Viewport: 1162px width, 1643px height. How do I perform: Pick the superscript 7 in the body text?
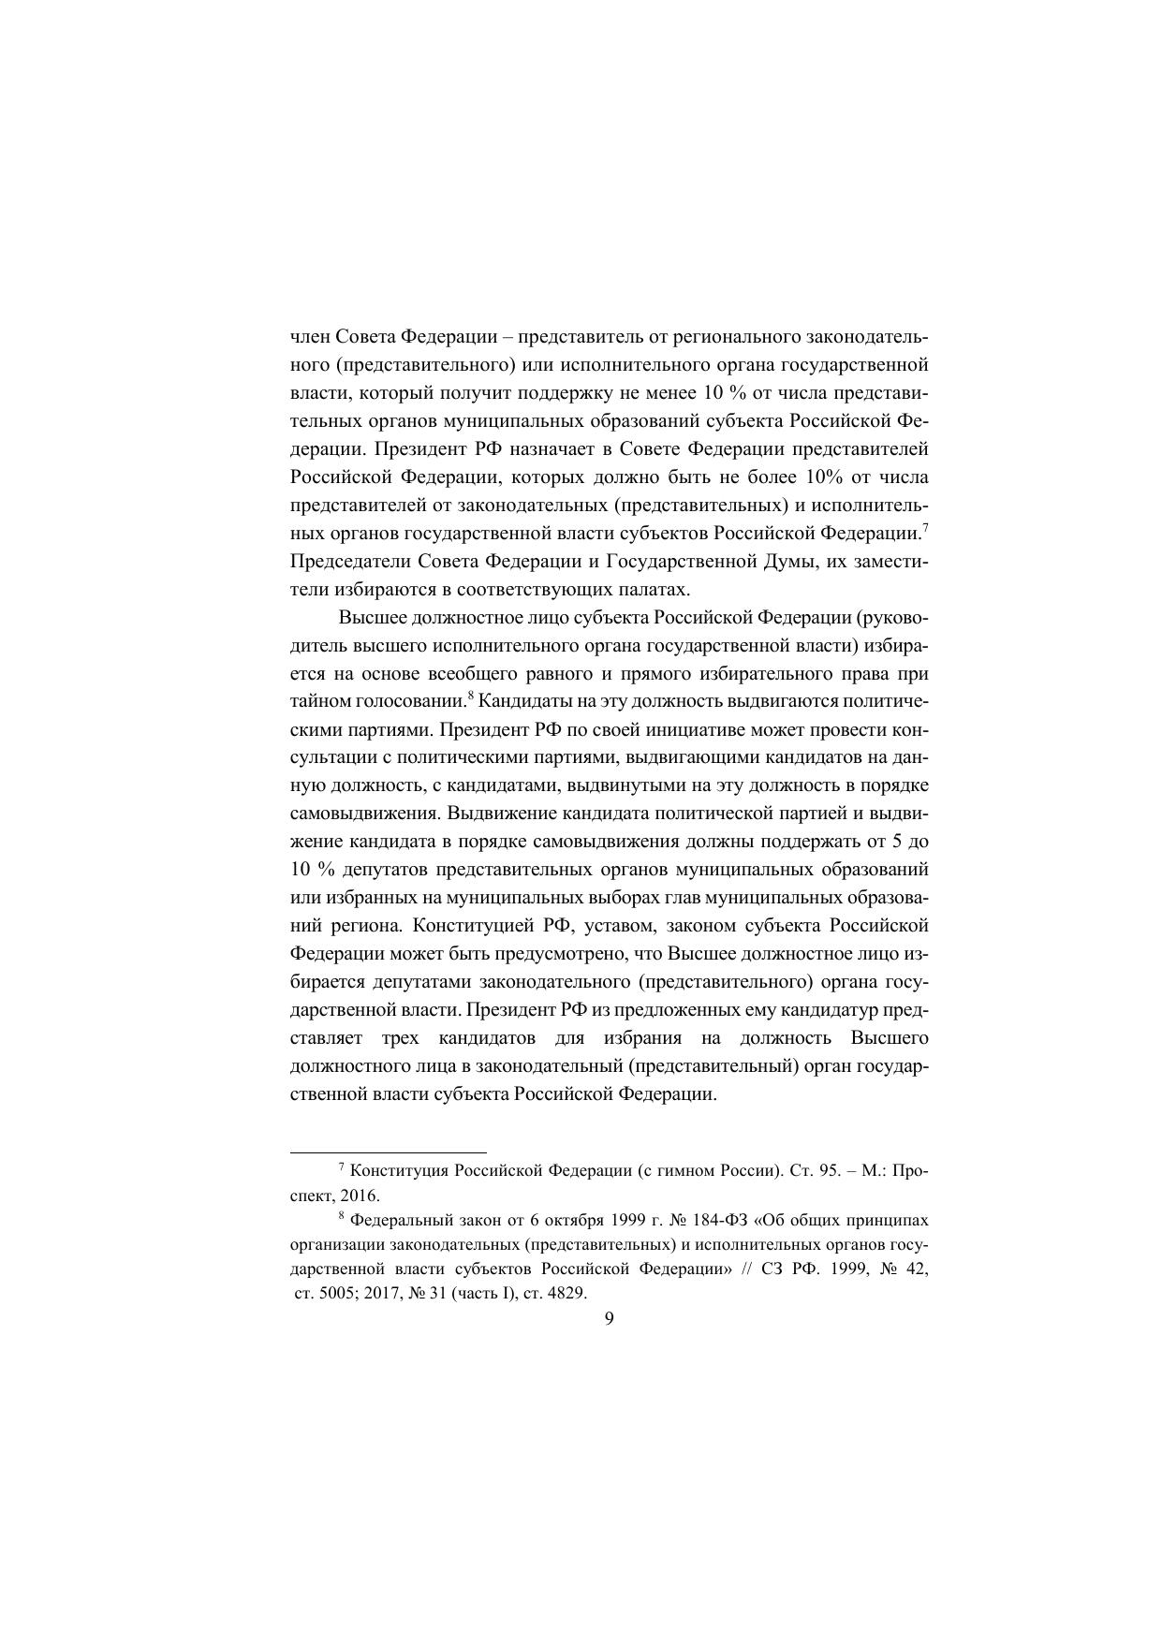coord(924,528)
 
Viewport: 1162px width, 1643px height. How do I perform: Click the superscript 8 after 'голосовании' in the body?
coord(472,697)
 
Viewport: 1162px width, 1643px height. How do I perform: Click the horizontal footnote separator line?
coord(389,1152)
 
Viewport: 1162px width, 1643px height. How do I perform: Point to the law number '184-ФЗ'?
coord(697,1221)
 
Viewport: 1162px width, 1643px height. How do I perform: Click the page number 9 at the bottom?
coord(610,1319)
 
